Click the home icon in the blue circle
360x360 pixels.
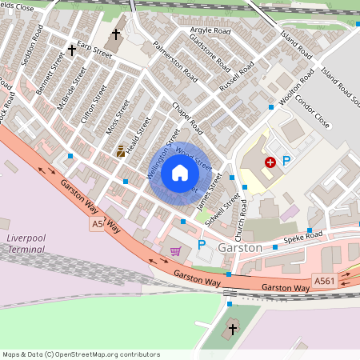179,172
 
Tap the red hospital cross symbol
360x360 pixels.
270,162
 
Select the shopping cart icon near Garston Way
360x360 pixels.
175,251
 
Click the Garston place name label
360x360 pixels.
239,248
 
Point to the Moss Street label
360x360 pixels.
116,117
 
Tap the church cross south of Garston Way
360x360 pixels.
233,330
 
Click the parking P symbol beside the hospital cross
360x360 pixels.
286,162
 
